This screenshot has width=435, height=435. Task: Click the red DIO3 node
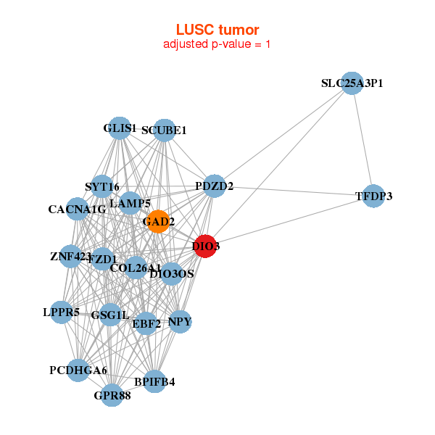pos(206,246)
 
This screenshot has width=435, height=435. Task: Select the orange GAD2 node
pos(158,222)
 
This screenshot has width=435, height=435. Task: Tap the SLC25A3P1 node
pos(352,83)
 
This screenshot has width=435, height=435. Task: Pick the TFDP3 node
pos(373,196)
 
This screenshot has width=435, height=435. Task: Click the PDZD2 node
pos(214,186)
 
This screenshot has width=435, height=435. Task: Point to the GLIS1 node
pos(120,129)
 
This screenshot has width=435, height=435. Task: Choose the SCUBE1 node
pos(165,130)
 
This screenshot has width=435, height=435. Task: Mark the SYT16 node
pos(102,186)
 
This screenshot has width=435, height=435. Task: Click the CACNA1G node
pos(78,210)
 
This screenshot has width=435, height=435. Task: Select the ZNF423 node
pos(71,256)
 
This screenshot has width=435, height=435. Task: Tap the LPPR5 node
pos(62,312)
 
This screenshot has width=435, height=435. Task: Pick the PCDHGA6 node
pos(78,370)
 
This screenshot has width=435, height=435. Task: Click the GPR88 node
pos(112,395)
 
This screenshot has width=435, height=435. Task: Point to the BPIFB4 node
pos(154,381)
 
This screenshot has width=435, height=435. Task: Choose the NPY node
pos(180,321)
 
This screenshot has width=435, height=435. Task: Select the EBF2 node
pos(146,323)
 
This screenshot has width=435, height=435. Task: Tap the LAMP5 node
pos(135,204)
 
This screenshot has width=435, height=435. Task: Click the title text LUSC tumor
pos(217,30)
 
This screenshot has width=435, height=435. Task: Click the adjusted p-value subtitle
pos(217,44)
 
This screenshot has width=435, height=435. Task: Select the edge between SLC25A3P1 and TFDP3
pos(362,140)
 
